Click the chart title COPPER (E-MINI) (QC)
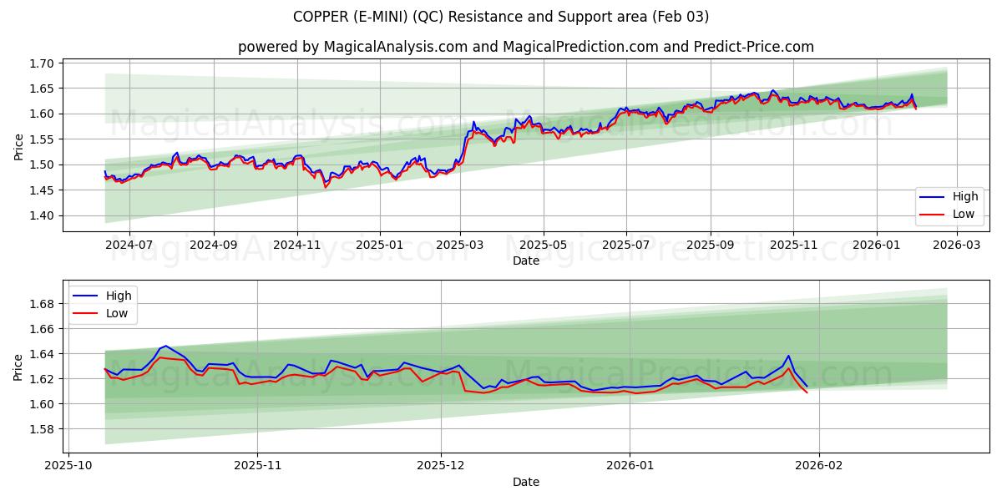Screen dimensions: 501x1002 pos(501,17)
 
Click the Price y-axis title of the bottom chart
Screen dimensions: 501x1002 pos(18,367)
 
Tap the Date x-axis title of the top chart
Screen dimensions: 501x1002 pos(526,261)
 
